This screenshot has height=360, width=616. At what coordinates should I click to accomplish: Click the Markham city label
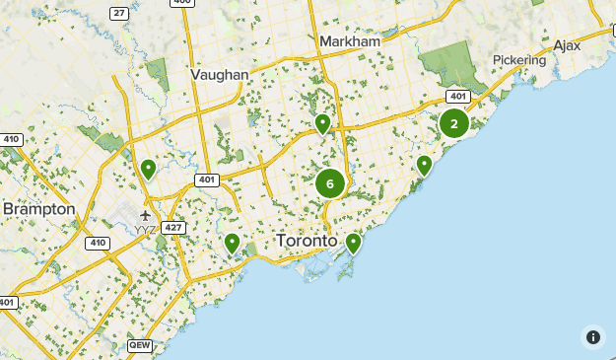point(350,41)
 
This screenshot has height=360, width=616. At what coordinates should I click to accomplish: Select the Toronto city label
point(308,241)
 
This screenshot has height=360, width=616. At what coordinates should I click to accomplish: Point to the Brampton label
point(38,209)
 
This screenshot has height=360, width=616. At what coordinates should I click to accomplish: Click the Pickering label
point(519,60)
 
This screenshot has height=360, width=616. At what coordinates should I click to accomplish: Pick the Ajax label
point(567,45)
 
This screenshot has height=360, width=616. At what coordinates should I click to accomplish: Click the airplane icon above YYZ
point(146,214)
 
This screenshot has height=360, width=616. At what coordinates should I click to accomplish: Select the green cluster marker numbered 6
point(330,183)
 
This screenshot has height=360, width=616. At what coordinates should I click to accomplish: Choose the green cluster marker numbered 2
point(453,123)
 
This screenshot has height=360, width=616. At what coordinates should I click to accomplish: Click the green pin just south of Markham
point(322,123)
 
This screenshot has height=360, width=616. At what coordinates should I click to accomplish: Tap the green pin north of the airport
point(148,169)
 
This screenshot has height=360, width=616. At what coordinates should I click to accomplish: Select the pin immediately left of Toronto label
point(232,242)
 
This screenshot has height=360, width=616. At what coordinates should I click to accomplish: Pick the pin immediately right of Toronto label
point(353,242)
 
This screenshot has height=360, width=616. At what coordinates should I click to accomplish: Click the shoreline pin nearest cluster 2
point(424,165)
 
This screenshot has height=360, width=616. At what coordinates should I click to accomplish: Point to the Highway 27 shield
point(119,12)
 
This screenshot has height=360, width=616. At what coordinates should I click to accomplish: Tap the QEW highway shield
point(140,346)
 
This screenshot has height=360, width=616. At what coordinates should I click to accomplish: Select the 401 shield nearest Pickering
point(457,96)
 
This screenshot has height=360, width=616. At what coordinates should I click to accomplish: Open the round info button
point(592,337)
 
